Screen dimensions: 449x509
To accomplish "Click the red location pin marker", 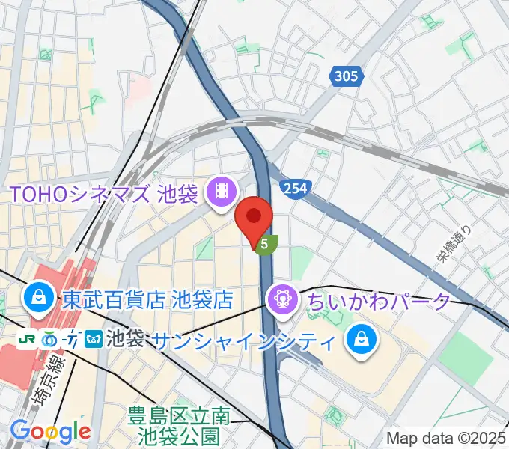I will [254, 218].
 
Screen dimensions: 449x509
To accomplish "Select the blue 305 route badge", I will [345, 76].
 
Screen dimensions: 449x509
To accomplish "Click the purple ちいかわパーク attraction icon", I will [282, 301].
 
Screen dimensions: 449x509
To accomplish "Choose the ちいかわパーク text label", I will [377, 302].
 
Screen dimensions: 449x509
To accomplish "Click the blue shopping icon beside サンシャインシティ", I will [360, 341].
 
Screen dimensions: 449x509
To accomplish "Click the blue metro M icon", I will [93, 338].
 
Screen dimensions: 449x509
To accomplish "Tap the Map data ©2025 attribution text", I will [446, 438].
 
